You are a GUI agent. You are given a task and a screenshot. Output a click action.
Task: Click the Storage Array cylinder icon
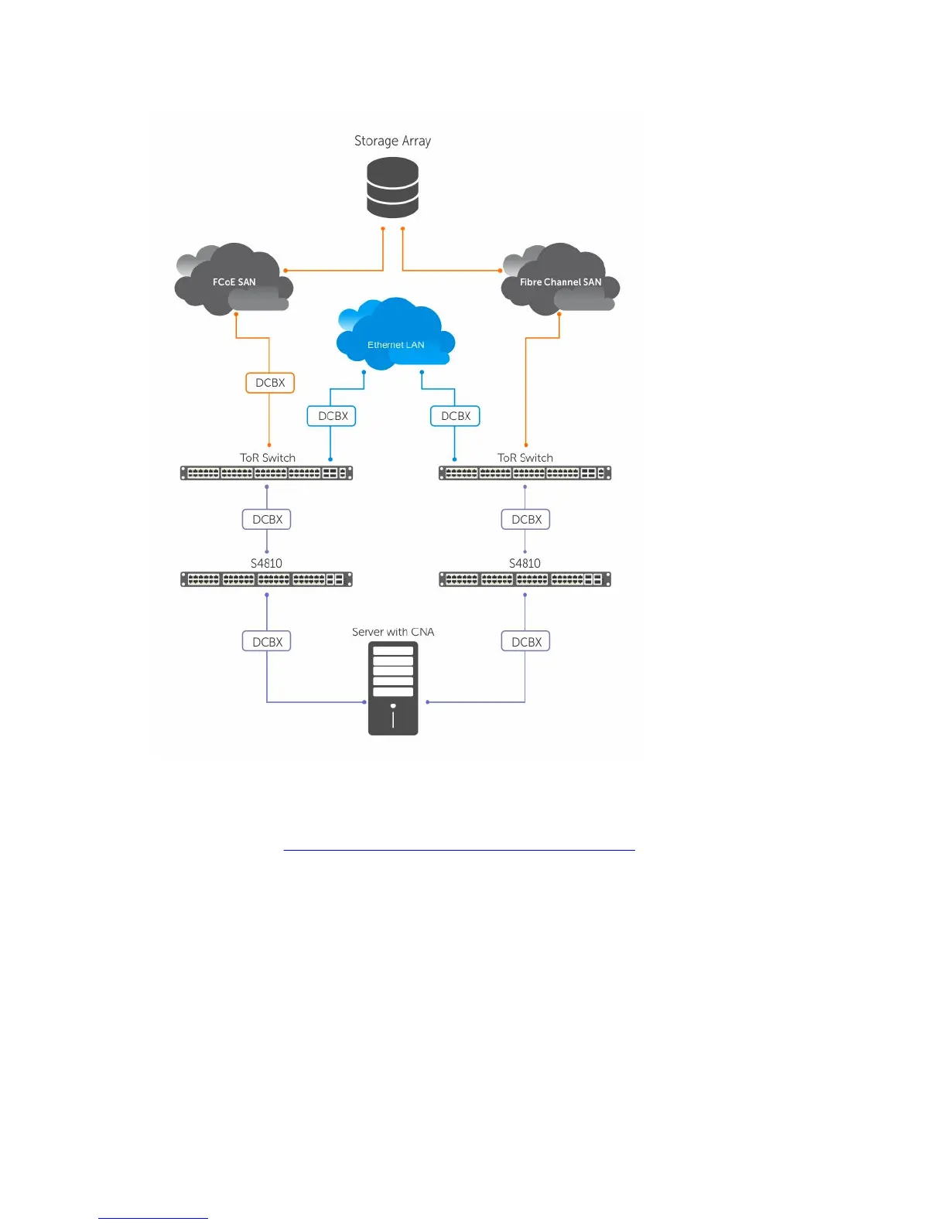[392, 187]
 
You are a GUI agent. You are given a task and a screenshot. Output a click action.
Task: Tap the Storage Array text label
[392, 141]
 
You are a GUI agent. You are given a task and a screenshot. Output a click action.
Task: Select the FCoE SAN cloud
[234, 281]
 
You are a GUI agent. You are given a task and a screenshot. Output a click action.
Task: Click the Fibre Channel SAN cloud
[560, 281]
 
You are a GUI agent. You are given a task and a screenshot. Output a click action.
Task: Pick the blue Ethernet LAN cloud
[395, 335]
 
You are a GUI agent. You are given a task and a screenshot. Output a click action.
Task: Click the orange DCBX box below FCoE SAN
[270, 383]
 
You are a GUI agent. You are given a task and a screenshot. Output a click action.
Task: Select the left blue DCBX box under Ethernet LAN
[333, 416]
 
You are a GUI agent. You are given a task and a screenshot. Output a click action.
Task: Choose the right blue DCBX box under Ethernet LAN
[456, 416]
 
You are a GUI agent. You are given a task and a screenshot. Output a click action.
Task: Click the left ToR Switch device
[266, 473]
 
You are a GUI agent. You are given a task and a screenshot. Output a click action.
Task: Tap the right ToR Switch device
[525, 473]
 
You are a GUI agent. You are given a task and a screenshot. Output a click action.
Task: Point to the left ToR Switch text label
[268, 458]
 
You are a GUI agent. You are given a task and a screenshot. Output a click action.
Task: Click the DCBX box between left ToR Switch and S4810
[267, 520]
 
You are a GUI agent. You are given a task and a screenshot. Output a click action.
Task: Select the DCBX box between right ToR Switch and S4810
[526, 520]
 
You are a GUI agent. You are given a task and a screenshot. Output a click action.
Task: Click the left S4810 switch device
[266, 578]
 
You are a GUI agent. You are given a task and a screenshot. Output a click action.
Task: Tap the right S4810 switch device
[525, 578]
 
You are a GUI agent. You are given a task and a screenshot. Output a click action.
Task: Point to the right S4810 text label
[525, 563]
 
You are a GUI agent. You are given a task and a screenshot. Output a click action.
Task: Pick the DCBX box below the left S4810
[267, 642]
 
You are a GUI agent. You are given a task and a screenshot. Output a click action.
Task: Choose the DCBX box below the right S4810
[526, 642]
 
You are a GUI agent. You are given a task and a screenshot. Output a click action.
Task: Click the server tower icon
[393, 688]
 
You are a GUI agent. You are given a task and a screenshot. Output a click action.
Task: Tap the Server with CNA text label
[393, 632]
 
